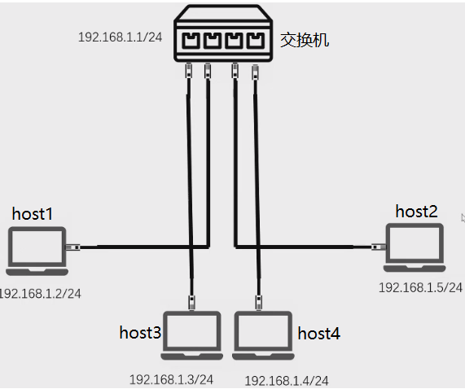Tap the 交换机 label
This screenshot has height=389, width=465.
click(305, 39)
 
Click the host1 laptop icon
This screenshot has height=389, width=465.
click(36, 251)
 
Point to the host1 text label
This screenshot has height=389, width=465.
click(33, 214)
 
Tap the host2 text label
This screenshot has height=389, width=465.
click(416, 212)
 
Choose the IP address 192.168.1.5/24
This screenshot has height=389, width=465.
click(420, 287)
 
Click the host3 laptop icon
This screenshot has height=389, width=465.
click(191, 334)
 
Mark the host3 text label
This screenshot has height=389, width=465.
click(140, 332)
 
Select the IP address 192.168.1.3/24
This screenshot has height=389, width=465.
click(171, 379)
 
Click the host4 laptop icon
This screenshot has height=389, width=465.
click(262, 334)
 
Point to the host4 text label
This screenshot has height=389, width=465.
click(318, 333)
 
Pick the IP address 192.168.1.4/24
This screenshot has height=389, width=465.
click(287, 380)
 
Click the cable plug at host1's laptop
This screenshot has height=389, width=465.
click(72, 246)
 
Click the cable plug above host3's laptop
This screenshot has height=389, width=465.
click(192, 302)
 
